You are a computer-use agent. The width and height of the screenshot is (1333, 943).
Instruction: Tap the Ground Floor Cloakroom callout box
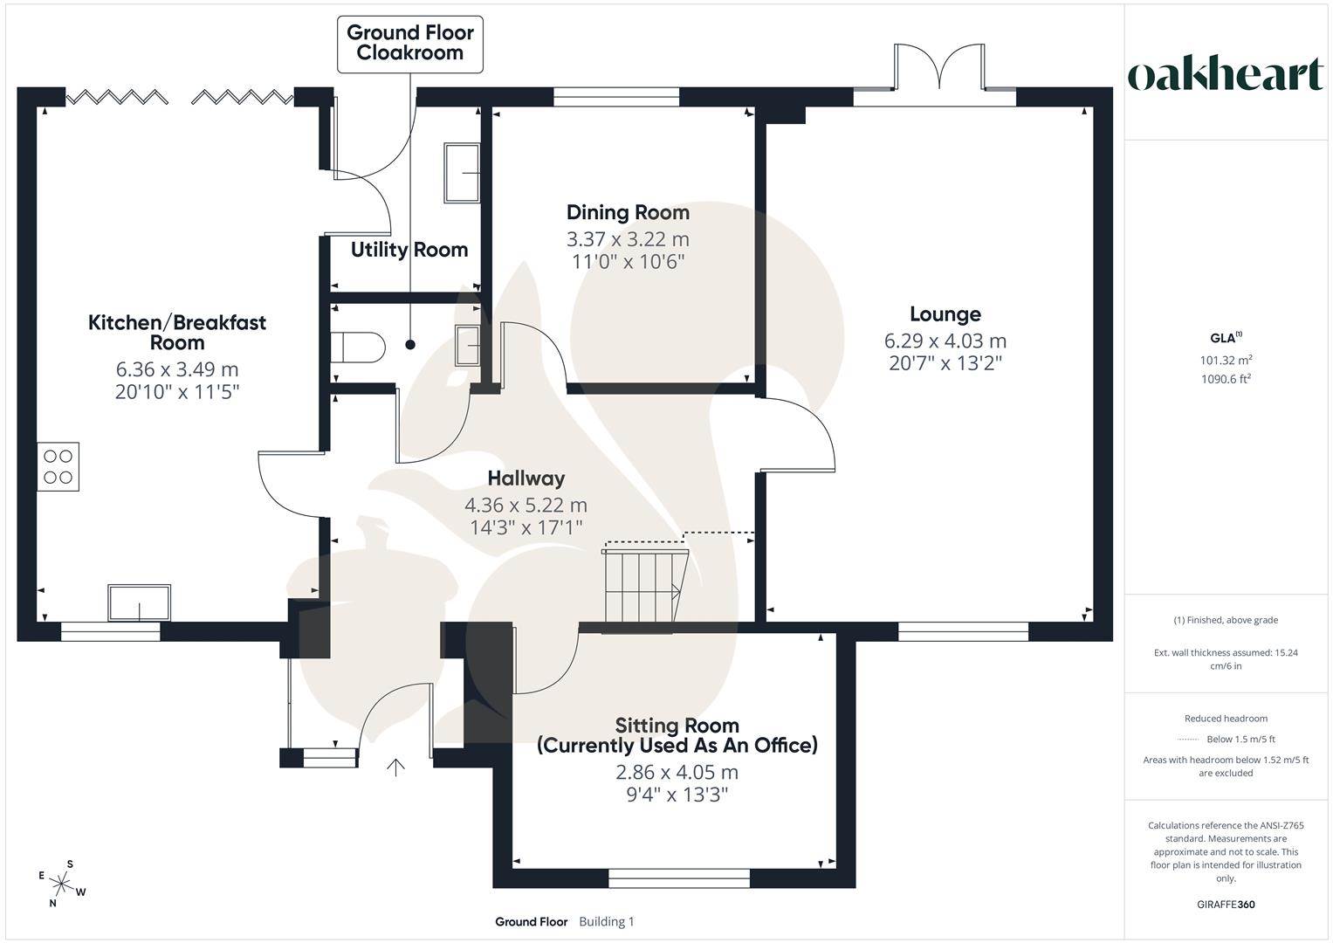410,45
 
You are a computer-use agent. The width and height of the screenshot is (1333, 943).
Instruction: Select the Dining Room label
628,212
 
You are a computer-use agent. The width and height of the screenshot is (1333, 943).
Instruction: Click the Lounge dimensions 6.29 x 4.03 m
945,341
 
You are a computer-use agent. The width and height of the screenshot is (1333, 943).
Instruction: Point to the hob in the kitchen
58,467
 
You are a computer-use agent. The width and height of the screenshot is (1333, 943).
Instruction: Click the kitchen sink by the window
140,602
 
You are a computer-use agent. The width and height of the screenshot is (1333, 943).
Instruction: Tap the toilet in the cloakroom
358,348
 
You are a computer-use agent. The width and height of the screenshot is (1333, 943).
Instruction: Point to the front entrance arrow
395,767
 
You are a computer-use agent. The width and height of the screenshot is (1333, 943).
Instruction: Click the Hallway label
526,478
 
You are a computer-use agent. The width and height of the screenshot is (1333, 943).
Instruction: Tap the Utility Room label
409,250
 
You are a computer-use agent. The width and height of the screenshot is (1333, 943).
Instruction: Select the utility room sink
462,173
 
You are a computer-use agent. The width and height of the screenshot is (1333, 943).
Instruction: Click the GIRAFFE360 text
1226,905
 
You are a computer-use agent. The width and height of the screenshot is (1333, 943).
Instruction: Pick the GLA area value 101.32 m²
1226,360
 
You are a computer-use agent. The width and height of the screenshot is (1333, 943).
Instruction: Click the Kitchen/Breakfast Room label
176,332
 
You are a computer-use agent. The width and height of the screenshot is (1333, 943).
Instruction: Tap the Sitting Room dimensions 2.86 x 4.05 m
677,772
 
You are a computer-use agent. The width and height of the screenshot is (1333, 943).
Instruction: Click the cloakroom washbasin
468,345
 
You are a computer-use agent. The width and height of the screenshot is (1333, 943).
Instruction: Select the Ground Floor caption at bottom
532,921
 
